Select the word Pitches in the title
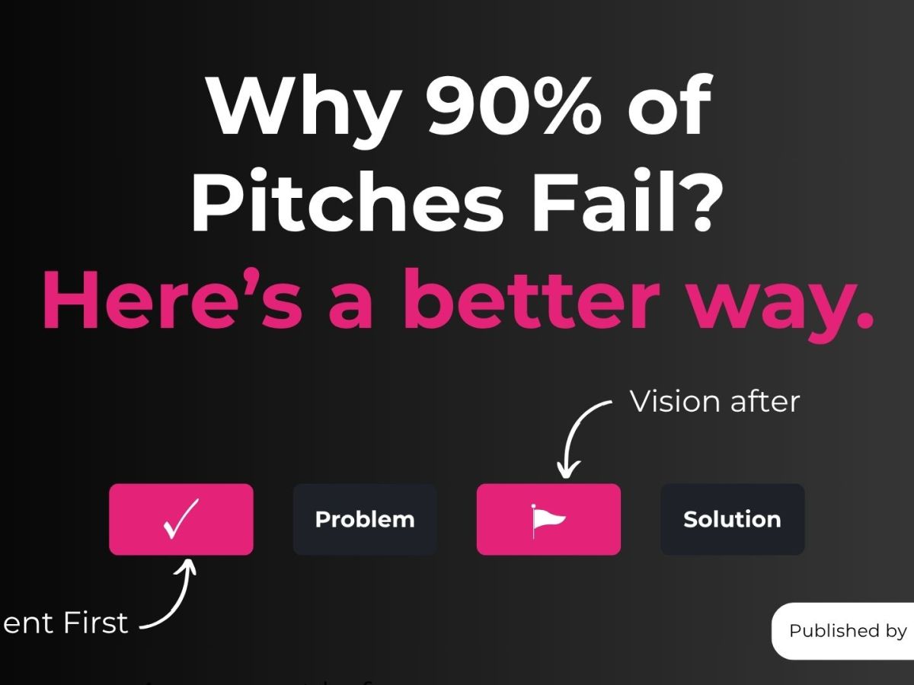click(346, 202)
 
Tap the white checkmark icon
click(181, 518)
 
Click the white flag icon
click(548, 519)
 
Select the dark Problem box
click(365, 519)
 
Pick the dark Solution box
click(732, 519)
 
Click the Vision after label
click(714, 401)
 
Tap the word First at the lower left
click(94, 623)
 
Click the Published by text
click(848, 630)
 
